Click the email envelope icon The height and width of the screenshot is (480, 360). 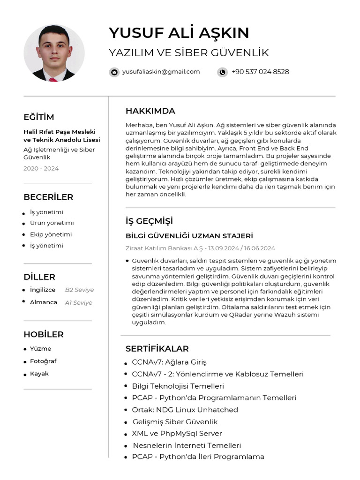pyautogui.click(x=114, y=72)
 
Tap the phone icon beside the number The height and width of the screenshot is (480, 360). pyautogui.click(x=222, y=72)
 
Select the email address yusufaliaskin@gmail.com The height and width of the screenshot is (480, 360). pyautogui.click(x=161, y=72)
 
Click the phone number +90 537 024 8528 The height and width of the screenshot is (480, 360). pyautogui.click(x=260, y=72)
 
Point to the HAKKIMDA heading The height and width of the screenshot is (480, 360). pyautogui.click(x=150, y=111)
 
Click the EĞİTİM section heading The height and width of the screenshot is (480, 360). pyautogui.click(x=39, y=117)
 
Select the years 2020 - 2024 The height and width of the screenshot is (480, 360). pyautogui.click(x=41, y=168)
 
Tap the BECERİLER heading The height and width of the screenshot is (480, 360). pyautogui.click(x=48, y=197)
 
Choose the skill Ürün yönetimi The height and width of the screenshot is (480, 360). pyautogui.click(x=52, y=223)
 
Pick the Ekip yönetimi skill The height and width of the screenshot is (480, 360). pyautogui.click(x=51, y=234)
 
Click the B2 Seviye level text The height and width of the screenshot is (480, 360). pyautogui.click(x=79, y=290)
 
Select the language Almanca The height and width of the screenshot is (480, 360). pyautogui.click(x=44, y=302)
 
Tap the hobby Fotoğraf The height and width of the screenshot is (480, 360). pyautogui.click(x=43, y=361)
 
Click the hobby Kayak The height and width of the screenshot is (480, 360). pyautogui.click(x=39, y=374)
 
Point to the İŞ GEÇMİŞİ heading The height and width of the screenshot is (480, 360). pyautogui.click(x=149, y=221)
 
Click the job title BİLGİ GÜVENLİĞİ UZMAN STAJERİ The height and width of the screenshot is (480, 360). pyautogui.click(x=189, y=236)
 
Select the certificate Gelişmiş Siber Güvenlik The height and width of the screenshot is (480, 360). pyautogui.click(x=175, y=422)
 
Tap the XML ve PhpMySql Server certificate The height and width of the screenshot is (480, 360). pyautogui.click(x=177, y=434)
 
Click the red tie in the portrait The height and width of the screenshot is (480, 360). pyautogui.click(x=53, y=79)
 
